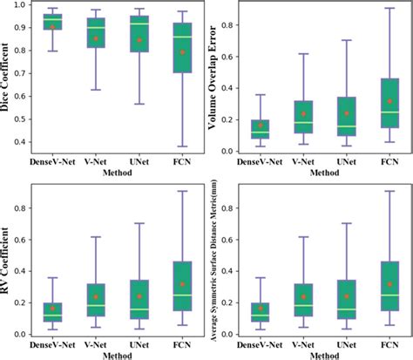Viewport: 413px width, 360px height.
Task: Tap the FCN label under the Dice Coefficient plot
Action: click(157, 162)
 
